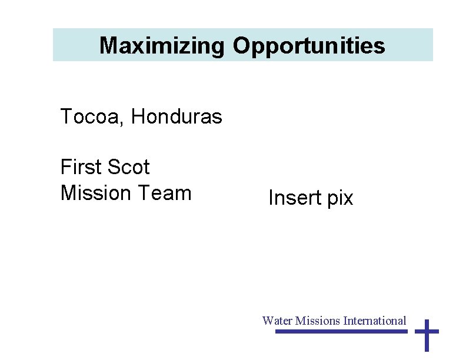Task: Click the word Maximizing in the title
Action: (162, 46)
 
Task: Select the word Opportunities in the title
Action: (309, 46)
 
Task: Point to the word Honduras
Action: (177, 117)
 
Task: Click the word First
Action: (81, 167)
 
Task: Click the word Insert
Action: (295, 198)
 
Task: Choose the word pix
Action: (340, 199)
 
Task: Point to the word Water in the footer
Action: (277, 321)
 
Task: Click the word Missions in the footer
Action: (318, 321)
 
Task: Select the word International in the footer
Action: (375, 321)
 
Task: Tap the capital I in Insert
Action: (271, 198)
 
